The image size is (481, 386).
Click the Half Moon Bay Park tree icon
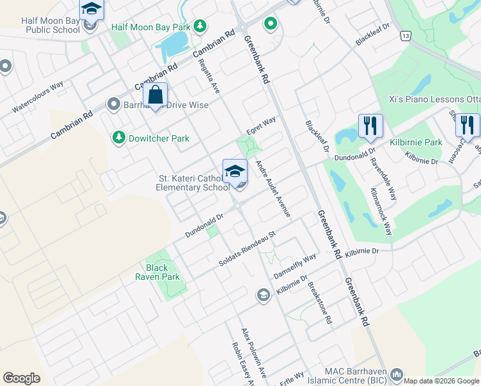point(201,26)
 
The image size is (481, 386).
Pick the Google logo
point(21,378)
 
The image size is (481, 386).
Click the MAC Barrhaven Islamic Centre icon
point(397,374)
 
